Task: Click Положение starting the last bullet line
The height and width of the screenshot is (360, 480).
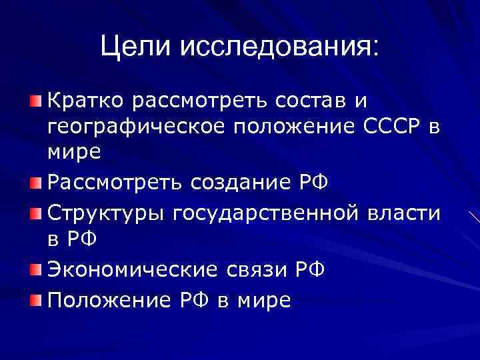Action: click(x=105, y=301)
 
